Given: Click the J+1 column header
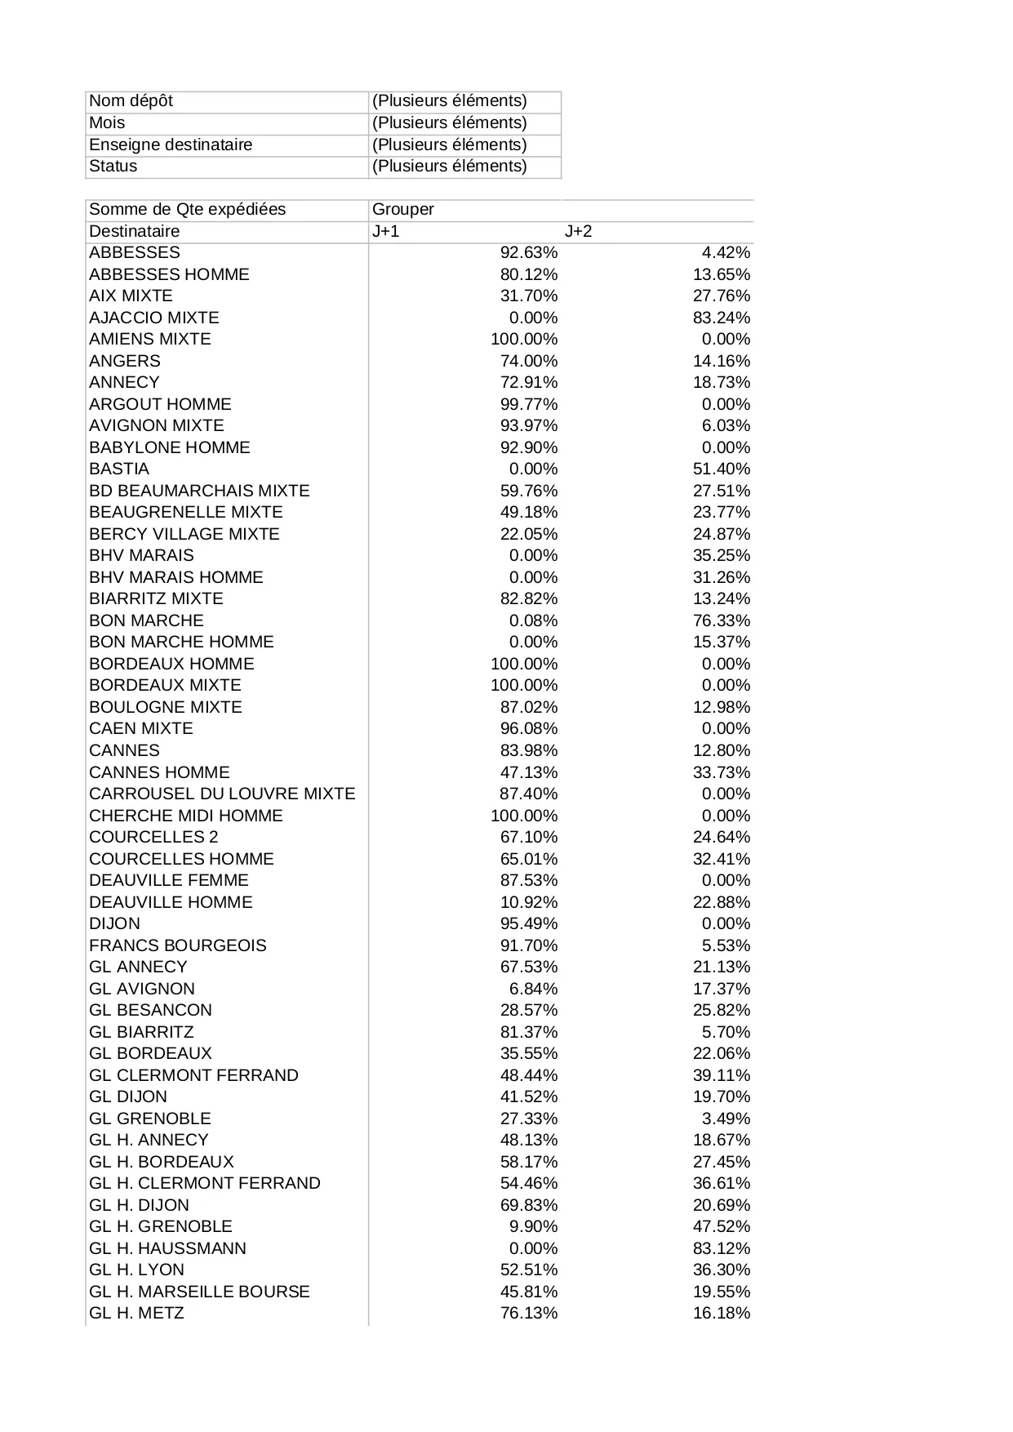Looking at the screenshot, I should pos(386,231).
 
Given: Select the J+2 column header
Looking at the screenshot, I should pos(578,231).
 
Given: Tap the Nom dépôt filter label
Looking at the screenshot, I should pos(131,101).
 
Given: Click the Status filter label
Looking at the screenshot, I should pos(113,166).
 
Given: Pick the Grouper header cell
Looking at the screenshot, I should pos(403,209).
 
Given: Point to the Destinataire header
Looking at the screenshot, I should pos(134,231).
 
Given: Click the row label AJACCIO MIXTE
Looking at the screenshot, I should pos(153,318).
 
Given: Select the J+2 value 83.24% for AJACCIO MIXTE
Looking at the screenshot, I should pos(721,318).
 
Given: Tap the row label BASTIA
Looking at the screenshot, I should pos(119,469).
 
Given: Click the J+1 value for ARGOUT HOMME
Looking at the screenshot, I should pos(528,404).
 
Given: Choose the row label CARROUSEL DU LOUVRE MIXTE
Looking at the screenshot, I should pos(222,794).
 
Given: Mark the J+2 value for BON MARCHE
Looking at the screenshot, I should pos(721,620).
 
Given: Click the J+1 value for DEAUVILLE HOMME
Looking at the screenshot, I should pos(528,902).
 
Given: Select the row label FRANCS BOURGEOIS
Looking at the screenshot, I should pos(177,945).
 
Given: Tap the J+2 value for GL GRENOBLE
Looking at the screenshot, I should pos(726,1118).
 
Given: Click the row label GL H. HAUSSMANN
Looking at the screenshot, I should pos(167,1248).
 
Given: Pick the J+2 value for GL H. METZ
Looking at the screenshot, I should pos(721,1313).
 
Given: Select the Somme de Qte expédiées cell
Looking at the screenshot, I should pos(187,209).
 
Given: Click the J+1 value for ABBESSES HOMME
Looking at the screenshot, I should pos(528,274).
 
